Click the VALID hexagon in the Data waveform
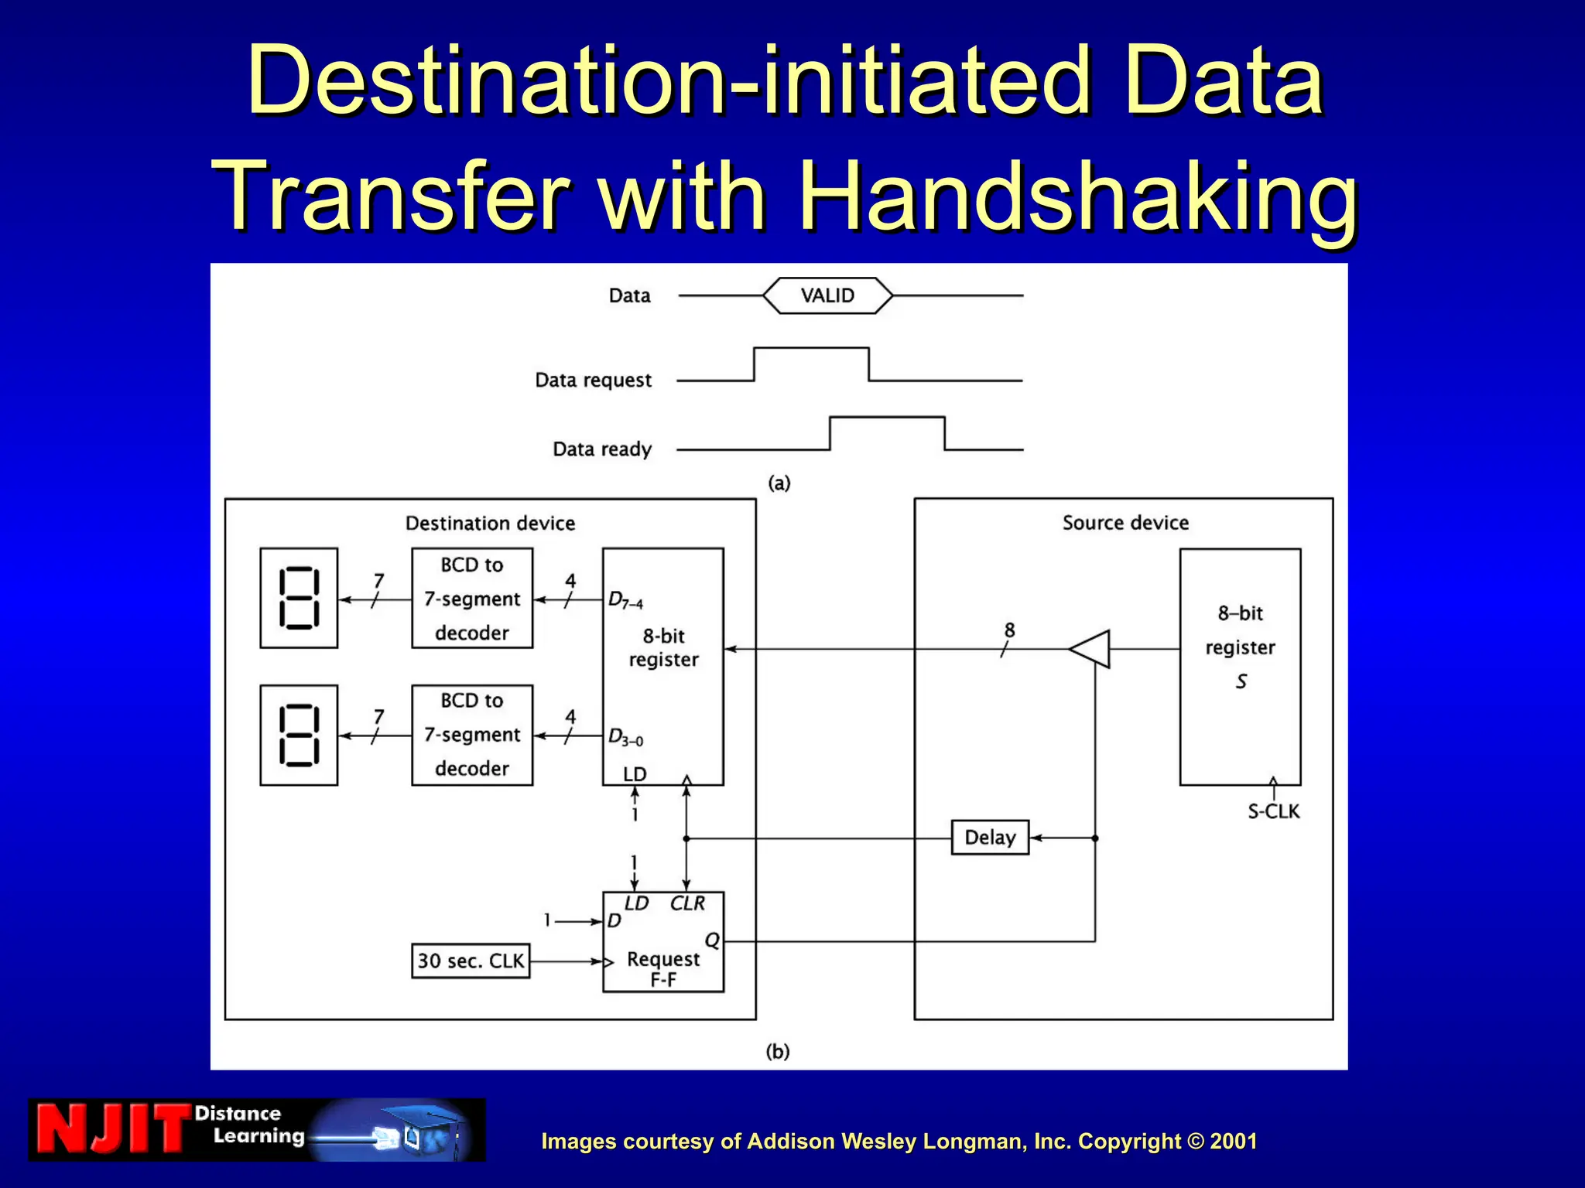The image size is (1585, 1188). click(827, 295)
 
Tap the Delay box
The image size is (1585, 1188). click(990, 838)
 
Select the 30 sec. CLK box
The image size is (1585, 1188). click(471, 961)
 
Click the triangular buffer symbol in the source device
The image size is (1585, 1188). click(1091, 649)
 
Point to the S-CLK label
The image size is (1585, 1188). click(1273, 812)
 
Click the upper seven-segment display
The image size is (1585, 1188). click(299, 598)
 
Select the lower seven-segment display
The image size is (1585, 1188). click(299, 736)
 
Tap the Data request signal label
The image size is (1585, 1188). click(594, 381)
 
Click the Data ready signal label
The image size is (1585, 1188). click(602, 449)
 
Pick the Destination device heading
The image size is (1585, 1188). click(490, 524)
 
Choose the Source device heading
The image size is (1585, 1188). click(1125, 523)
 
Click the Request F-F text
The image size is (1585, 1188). click(663, 969)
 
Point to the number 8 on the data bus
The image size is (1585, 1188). click(1009, 630)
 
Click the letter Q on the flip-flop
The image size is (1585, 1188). click(712, 940)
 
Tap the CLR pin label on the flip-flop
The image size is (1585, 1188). click(687, 903)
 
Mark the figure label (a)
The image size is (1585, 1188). click(779, 483)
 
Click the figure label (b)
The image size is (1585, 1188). click(778, 1052)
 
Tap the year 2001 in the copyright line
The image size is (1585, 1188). click(1234, 1142)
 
